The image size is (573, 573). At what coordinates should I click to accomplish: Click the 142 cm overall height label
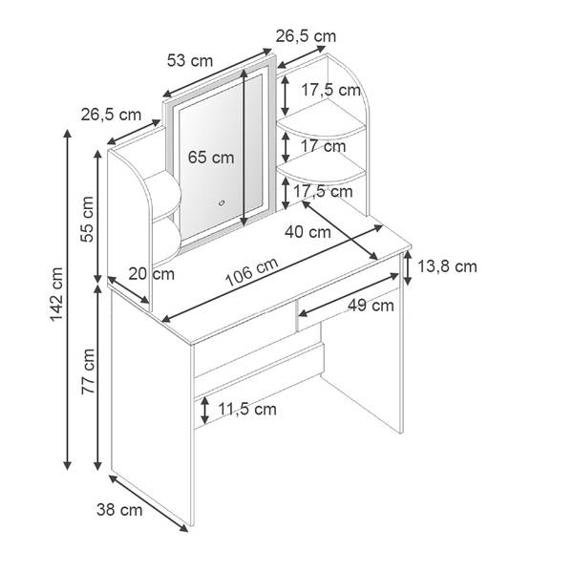(56, 294)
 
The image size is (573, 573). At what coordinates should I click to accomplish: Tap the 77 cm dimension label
(88, 371)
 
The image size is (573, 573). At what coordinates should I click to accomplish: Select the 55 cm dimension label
(88, 220)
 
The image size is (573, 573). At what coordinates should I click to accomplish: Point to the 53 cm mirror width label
(190, 61)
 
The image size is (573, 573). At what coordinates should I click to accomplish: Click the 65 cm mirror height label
(211, 158)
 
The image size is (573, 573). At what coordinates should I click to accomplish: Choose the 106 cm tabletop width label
(252, 272)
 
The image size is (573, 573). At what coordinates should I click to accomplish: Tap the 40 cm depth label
(308, 232)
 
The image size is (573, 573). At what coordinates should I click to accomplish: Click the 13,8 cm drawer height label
(447, 266)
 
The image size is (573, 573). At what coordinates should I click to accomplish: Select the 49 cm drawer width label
(371, 306)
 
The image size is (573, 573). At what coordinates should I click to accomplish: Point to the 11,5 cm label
(247, 409)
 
